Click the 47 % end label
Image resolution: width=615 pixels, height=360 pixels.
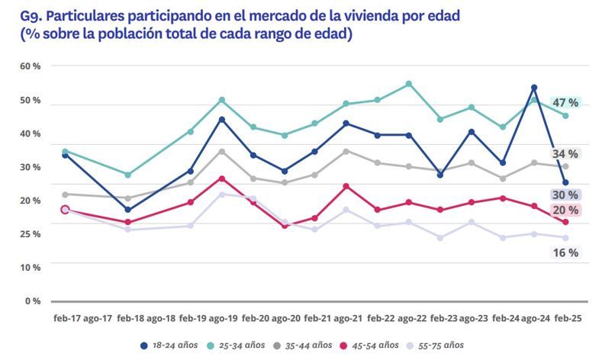(x=565, y=102)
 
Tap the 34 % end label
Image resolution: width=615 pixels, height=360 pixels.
(x=565, y=154)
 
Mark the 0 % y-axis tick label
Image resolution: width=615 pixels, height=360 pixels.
(x=32, y=301)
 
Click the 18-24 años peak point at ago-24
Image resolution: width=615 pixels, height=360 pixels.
(x=534, y=88)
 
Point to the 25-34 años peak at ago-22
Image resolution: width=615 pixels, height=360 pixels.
(x=409, y=84)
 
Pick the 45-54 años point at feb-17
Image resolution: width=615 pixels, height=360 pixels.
(x=65, y=210)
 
